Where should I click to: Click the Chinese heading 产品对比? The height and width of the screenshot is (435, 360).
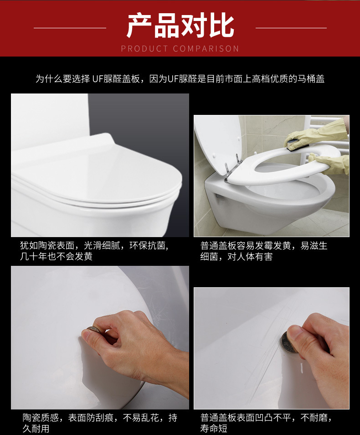[x=180, y=26]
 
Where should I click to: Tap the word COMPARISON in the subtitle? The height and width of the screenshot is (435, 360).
[x=206, y=49]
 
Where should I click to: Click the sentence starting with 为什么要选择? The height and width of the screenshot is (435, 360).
[x=180, y=78]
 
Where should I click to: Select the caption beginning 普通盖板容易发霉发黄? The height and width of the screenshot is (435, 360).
[x=264, y=251]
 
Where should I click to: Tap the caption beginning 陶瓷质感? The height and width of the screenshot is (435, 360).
[x=99, y=423]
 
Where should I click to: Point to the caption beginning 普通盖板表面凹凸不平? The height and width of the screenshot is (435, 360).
[x=266, y=423]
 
